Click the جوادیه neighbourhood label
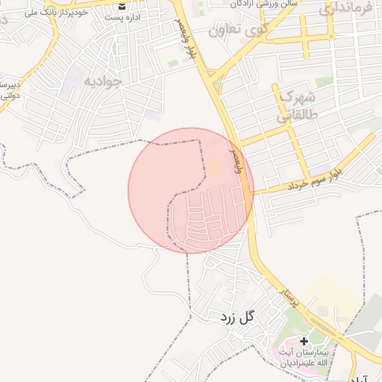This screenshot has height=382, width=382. tap(101, 81)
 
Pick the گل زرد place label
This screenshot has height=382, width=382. tap(237, 317)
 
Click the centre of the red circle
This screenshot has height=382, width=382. tap(191, 190)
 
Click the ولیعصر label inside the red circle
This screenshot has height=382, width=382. tap(238, 159)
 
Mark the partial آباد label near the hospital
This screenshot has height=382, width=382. tap(368, 377)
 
